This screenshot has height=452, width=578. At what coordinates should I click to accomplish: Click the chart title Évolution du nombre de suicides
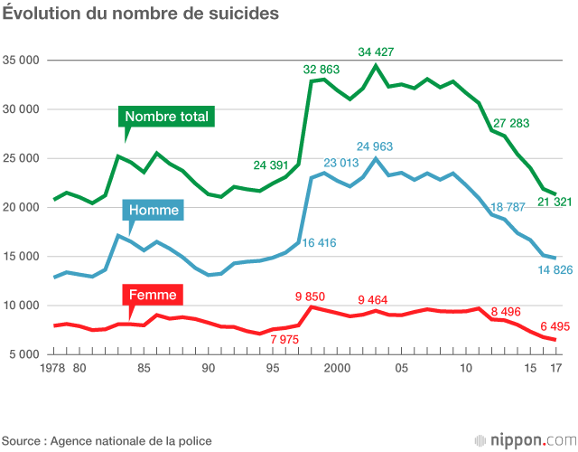[140, 14]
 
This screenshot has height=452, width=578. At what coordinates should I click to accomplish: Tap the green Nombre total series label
[166, 117]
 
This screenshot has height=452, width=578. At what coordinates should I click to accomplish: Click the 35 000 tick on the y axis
[23, 61]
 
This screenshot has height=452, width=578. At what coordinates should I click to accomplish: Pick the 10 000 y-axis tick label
[23, 306]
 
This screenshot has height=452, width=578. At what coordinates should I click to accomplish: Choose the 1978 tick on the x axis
[56, 369]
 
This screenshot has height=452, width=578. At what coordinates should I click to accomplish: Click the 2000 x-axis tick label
[337, 369]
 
